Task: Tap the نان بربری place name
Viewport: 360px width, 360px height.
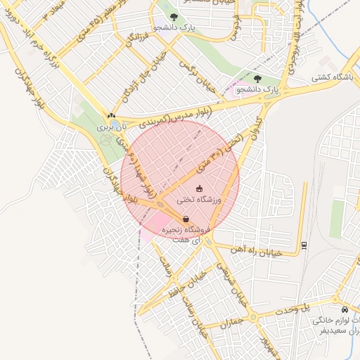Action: (105, 128)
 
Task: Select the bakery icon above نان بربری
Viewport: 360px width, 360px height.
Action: (110, 116)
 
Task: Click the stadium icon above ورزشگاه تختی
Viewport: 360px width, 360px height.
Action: (199, 188)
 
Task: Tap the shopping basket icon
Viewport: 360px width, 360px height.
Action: (185, 219)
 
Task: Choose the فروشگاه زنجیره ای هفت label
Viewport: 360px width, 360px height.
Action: (182, 235)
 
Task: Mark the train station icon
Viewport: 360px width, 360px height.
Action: (304, 245)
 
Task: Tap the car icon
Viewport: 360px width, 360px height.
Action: (344, 309)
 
